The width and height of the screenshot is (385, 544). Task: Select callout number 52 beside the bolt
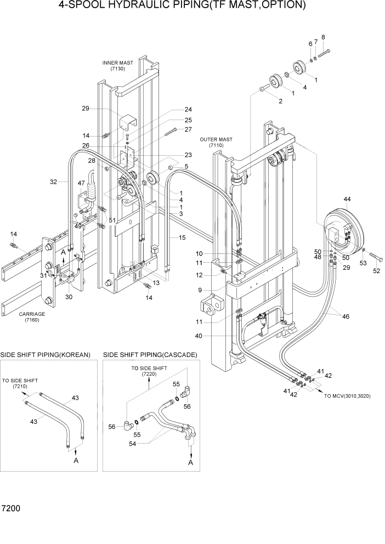pyautogui.click(x=376, y=270)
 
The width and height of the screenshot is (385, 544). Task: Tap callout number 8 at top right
pyautogui.click(x=323, y=37)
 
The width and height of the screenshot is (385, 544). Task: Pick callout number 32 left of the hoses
pyautogui.click(x=53, y=182)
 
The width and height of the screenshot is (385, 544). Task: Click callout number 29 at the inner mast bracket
pyautogui.click(x=86, y=109)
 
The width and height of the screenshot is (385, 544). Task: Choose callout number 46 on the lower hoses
pyautogui.click(x=346, y=316)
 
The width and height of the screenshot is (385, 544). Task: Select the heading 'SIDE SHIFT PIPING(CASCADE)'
pyautogui.click(x=150, y=355)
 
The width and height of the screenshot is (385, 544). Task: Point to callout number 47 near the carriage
pyautogui.click(x=81, y=183)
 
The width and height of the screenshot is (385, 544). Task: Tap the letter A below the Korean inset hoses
pyautogui.click(x=76, y=461)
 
